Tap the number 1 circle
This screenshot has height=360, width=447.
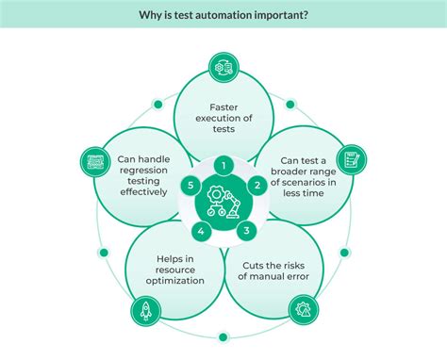coord(223,166)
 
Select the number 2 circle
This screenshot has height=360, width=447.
coord(255,187)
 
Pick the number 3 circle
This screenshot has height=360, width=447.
coord(245,230)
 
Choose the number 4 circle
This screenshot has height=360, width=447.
coord(201,230)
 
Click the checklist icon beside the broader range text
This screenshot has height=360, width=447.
coord(351,159)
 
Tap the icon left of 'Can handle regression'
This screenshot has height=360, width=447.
coord(93,159)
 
